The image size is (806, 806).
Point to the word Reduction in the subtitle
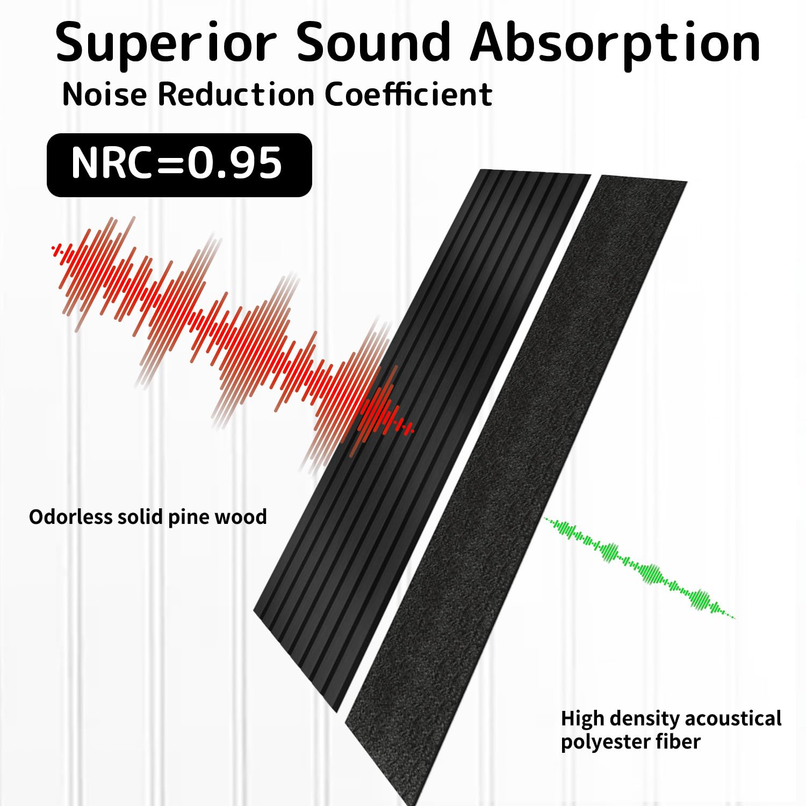[236, 95]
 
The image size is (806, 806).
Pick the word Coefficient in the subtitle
[409, 95]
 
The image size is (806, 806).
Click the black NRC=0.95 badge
[179, 165]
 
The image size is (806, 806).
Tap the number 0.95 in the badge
[234, 163]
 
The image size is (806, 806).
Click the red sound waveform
[231, 344]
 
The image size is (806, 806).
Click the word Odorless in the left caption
[70, 517]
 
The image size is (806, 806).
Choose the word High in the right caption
[582, 719]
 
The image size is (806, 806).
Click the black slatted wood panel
[422, 441]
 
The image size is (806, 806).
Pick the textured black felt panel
[516, 489]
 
